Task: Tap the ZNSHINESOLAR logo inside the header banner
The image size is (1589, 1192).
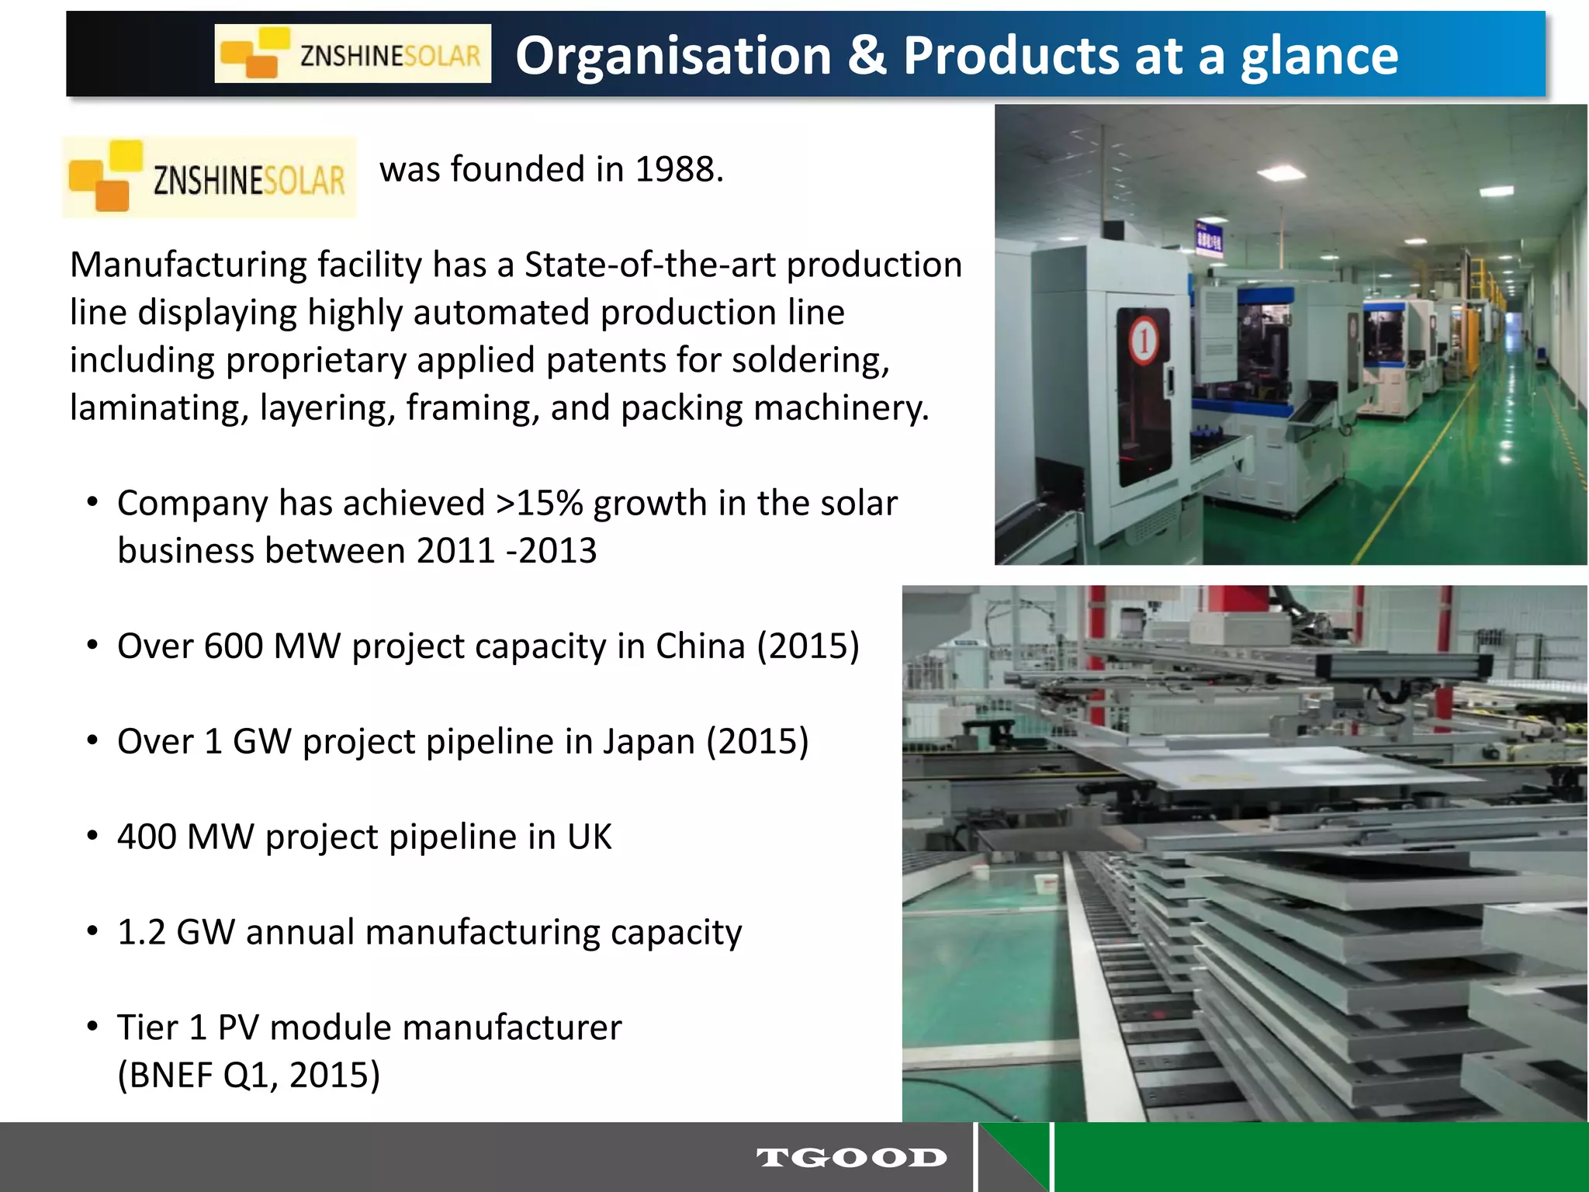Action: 352,54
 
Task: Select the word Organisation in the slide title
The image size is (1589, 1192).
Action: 673,56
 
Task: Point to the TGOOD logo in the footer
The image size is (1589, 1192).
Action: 851,1158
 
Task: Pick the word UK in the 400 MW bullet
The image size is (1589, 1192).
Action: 589,837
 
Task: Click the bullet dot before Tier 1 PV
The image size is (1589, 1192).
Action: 92,1027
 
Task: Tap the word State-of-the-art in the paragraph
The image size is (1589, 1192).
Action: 649,265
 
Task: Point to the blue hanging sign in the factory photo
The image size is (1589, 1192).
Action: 1208,239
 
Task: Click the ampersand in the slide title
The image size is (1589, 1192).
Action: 867,56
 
